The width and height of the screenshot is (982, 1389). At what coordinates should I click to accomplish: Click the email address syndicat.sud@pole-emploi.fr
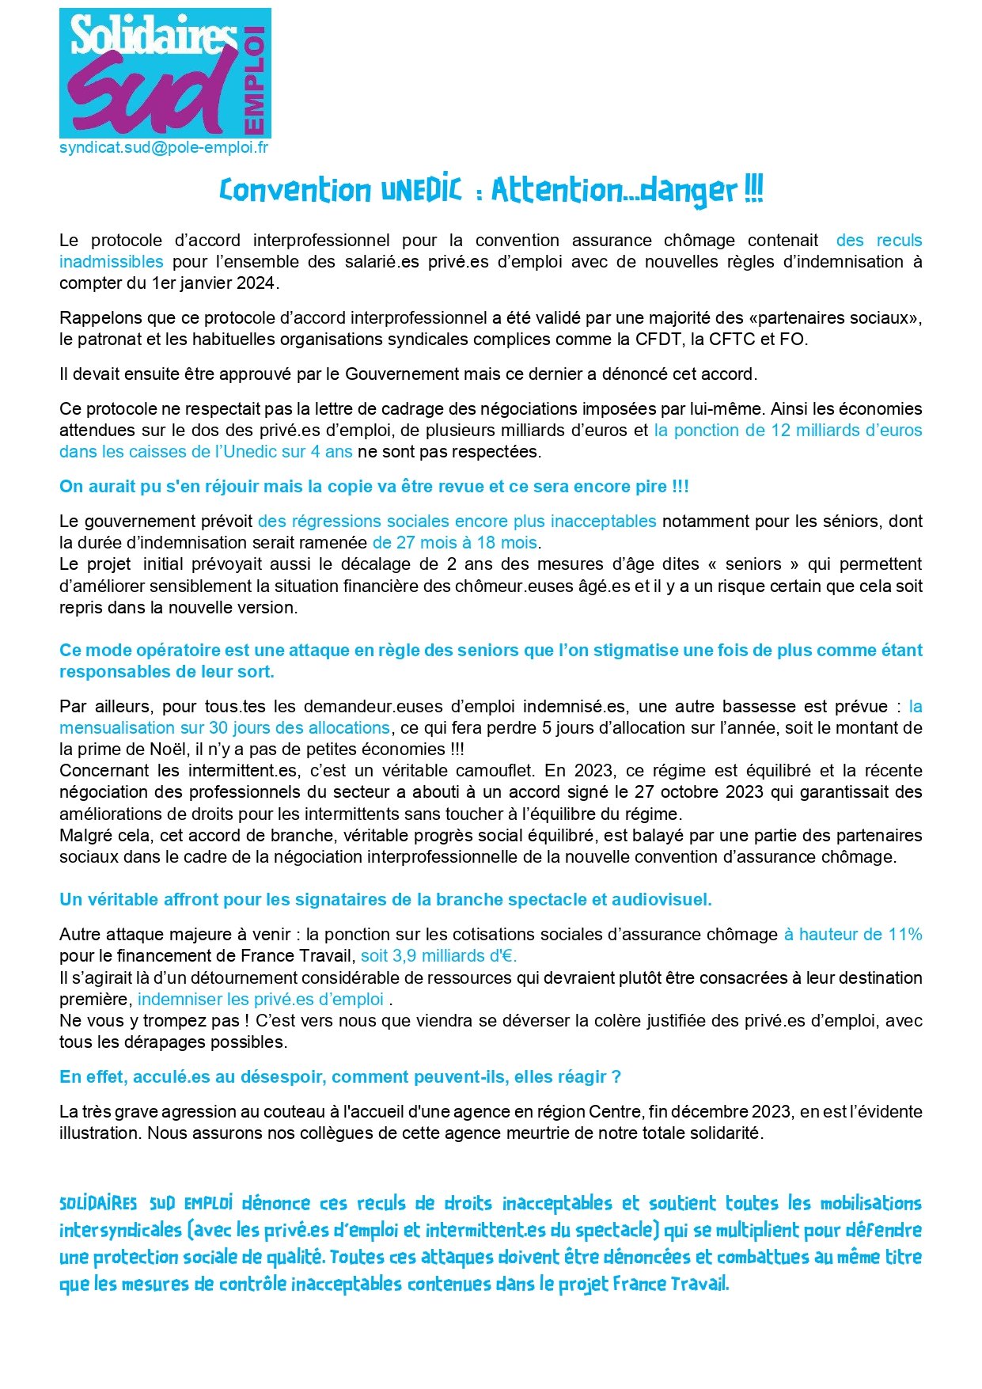[164, 148]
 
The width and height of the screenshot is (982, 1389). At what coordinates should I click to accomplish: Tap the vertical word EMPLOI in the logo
[254, 80]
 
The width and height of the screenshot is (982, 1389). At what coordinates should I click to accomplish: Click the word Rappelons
[98, 318]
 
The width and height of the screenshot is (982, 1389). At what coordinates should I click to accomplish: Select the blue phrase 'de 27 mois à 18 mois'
[455, 543]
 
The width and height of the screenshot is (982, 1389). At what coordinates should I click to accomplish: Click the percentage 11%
[905, 935]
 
